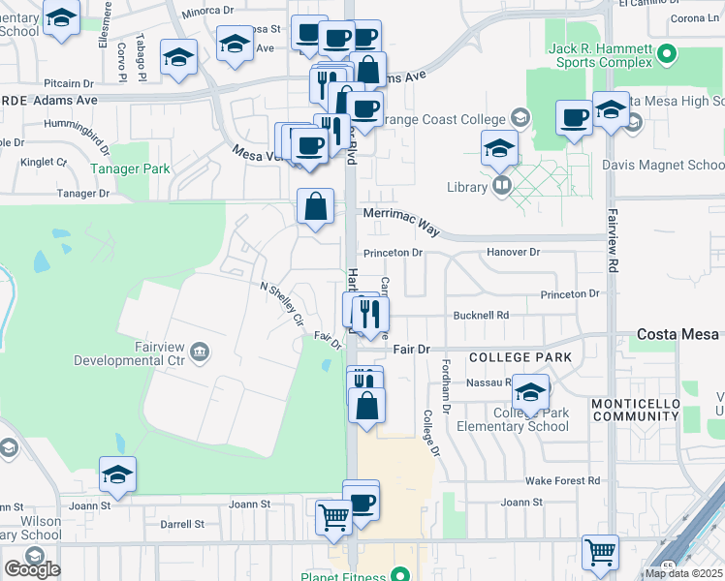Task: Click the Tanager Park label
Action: tap(130, 168)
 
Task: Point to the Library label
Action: tap(466, 187)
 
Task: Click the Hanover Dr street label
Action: tap(513, 252)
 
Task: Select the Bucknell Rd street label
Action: tap(481, 316)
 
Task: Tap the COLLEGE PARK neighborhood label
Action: tap(520, 358)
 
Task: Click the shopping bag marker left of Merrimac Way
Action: tap(315, 206)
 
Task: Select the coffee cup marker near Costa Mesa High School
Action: tap(574, 118)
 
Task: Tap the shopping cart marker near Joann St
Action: tap(333, 517)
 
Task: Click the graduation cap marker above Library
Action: tap(498, 148)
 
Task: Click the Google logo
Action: tap(32, 569)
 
